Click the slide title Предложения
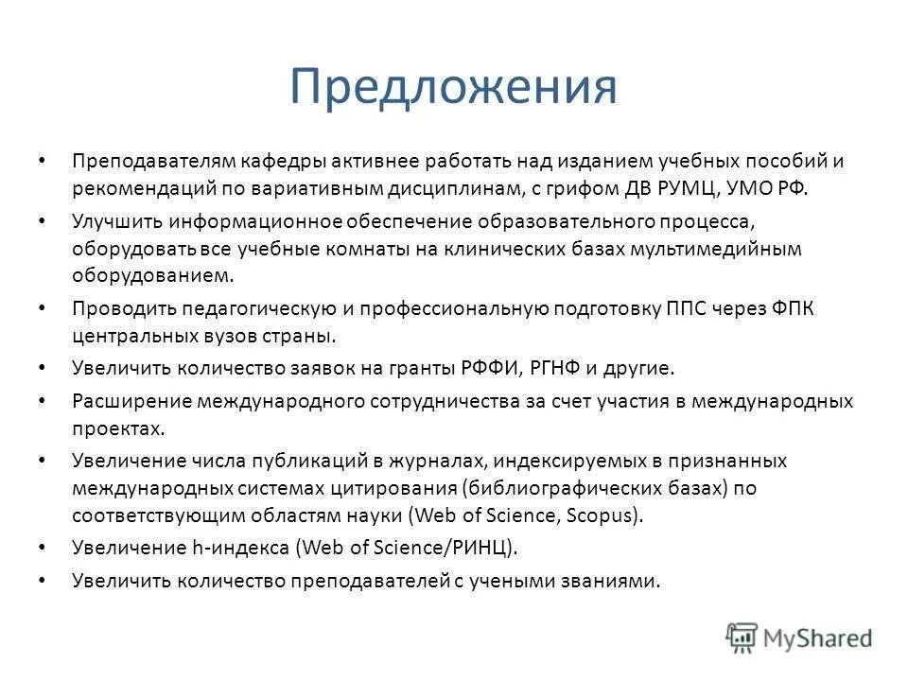(x=453, y=87)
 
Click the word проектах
(x=117, y=428)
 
